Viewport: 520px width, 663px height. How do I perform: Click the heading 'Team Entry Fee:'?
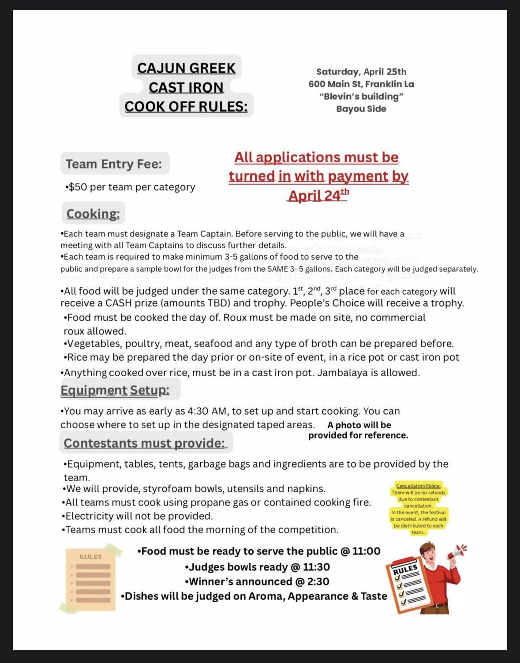coord(114,164)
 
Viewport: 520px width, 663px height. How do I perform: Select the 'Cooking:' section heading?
coord(93,214)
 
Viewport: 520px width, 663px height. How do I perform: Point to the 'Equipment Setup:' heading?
coord(115,390)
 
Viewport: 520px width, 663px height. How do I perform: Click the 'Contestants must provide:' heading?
coord(144,443)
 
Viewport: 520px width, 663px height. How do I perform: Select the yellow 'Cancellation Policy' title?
coord(418,486)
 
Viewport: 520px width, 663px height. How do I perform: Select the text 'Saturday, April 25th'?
coord(361,72)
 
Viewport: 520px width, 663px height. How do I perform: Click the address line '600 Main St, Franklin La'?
coord(361,84)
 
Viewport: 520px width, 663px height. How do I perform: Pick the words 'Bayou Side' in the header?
coord(361,109)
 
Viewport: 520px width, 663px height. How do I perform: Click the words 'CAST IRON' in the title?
coord(186,87)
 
